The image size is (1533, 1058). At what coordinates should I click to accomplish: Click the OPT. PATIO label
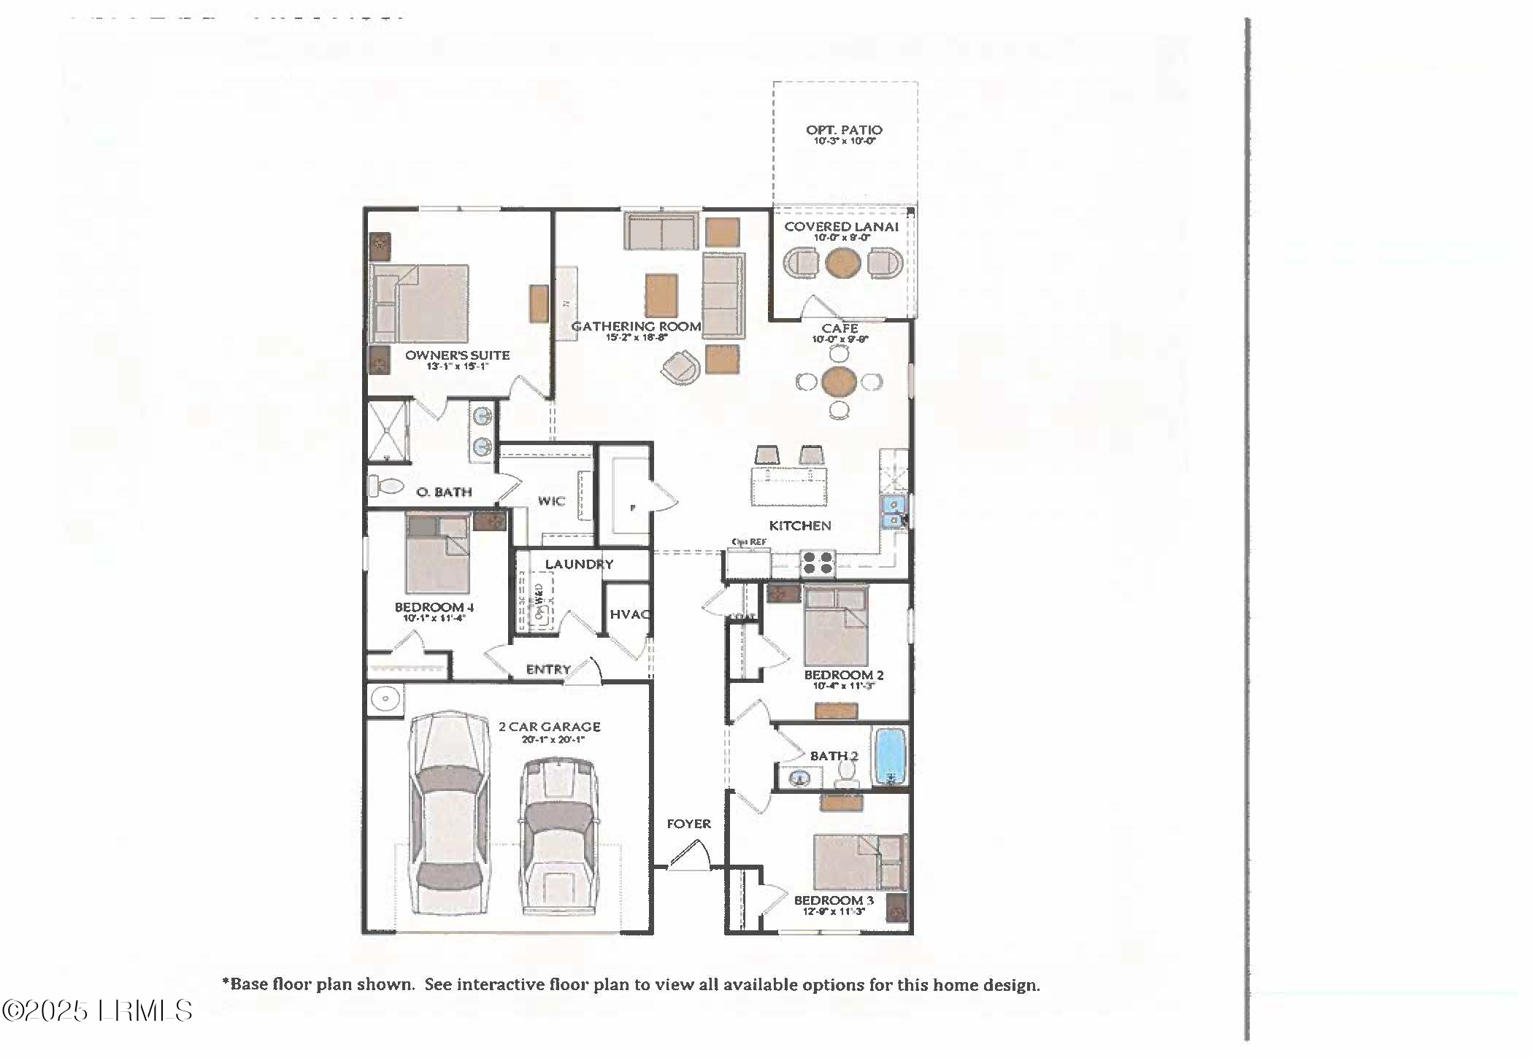pos(844,130)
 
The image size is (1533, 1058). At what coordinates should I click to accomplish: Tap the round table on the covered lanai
pos(842,263)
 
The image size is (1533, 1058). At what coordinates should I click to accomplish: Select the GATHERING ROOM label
pos(636,326)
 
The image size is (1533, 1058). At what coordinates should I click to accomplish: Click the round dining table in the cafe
pos(839,381)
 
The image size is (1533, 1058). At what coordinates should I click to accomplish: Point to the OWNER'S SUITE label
pos(457,355)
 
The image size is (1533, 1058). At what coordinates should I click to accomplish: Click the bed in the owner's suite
pos(420,304)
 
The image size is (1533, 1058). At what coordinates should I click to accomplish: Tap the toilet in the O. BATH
pos(385,485)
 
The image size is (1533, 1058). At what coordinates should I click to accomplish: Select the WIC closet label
pos(551,501)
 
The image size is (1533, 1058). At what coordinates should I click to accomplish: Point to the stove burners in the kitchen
pos(818,563)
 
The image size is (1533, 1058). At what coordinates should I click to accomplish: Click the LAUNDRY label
pos(579,564)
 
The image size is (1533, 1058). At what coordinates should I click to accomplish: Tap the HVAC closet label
pos(629,614)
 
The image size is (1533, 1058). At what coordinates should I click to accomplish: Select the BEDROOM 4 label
pos(434,607)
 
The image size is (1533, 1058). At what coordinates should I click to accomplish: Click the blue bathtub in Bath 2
pos(890,756)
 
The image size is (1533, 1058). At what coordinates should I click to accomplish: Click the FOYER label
pos(688,824)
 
